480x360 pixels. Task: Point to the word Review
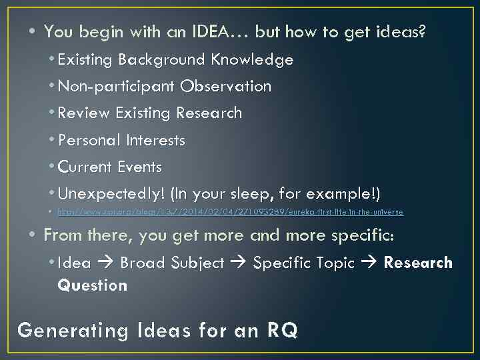pyautogui.click(x=84, y=113)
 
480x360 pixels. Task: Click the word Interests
pyautogui.click(x=155, y=141)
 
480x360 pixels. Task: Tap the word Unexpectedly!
pyautogui.click(x=111, y=195)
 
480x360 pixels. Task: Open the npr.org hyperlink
pyautogui.click(x=230, y=212)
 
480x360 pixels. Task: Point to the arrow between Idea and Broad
pyautogui.click(x=105, y=263)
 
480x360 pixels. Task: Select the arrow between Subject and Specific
pyautogui.click(x=238, y=263)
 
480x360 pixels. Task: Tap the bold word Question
pyautogui.click(x=93, y=285)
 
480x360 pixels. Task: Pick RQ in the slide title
pyautogui.click(x=282, y=330)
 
